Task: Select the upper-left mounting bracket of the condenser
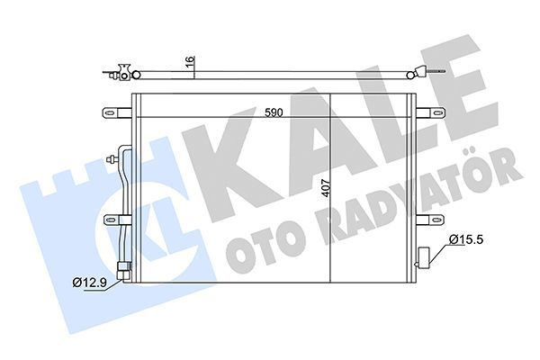(x=115, y=113)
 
